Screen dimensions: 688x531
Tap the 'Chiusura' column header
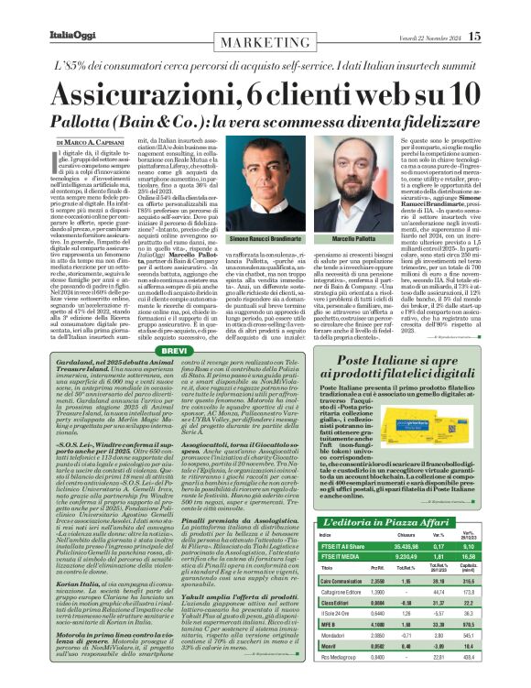pos(411,536)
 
